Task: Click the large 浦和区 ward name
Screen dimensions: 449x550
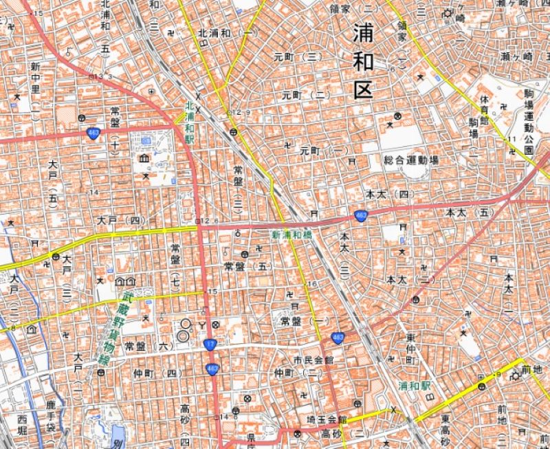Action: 363,62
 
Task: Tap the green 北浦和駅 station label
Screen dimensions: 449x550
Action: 189,122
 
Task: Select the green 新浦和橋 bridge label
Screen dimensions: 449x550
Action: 291,234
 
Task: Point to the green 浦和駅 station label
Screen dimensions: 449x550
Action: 414,386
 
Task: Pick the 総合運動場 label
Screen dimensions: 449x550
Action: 411,160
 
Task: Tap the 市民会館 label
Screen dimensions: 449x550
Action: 313,360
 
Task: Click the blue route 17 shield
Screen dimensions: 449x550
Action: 209,343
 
